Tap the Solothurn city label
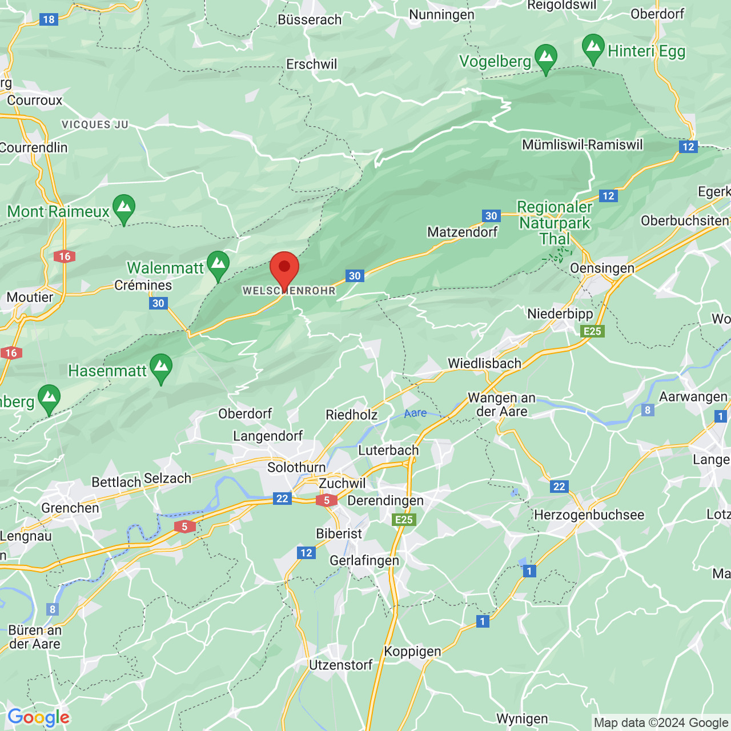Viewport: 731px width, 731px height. [x=296, y=467]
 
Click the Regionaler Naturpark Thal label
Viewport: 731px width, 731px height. [x=555, y=223]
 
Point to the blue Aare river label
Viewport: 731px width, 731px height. [x=415, y=413]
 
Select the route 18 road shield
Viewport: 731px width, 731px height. [x=49, y=19]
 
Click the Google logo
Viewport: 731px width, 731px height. [x=39, y=717]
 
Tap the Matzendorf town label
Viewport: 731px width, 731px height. [x=462, y=232]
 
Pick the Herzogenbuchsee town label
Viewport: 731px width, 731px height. [x=589, y=515]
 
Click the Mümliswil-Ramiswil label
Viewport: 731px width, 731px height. [x=583, y=144]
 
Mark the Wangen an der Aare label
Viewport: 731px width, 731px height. [x=501, y=404]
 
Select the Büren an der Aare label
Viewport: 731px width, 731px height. [x=35, y=637]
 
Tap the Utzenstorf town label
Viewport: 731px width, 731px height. [x=341, y=665]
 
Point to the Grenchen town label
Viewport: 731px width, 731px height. [x=70, y=508]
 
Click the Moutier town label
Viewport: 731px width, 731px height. [x=30, y=297]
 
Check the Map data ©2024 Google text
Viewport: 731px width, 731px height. [x=661, y=722]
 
